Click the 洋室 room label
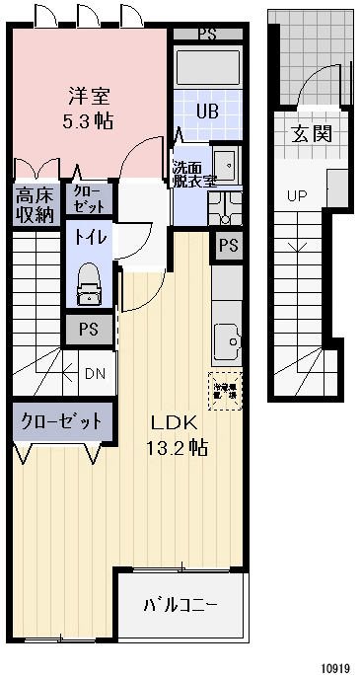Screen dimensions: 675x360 [89, 97]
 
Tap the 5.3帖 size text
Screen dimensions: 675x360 [89, 121]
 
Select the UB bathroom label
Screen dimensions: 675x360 [206, 111]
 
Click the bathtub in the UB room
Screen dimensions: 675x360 [207, 69]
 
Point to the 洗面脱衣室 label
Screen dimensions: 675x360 [193, 174]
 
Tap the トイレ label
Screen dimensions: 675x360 [87, 237]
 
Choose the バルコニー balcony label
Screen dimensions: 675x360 [180, 605]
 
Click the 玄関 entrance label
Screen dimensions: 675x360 [310, 135]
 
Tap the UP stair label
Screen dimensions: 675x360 [297, 195]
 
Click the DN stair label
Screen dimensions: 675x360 [95, 373]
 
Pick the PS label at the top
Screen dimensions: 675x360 [207, 33]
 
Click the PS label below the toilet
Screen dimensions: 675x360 [89, 330]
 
